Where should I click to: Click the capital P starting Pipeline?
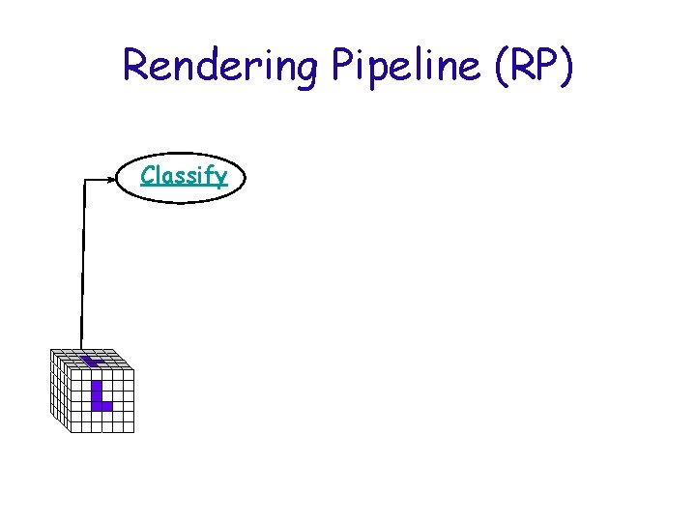(344, 65)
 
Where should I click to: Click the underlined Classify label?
(184, 176)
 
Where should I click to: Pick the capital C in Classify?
(147, 175)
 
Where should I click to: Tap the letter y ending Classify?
(221, 179)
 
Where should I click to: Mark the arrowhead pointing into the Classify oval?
(112, 179)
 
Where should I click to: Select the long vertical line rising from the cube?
(83, 271)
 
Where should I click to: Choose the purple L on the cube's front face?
(100, 395)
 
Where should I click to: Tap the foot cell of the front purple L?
(107, 406)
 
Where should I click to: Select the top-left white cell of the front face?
(75, 374)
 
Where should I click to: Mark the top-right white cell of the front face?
(128, 374)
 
